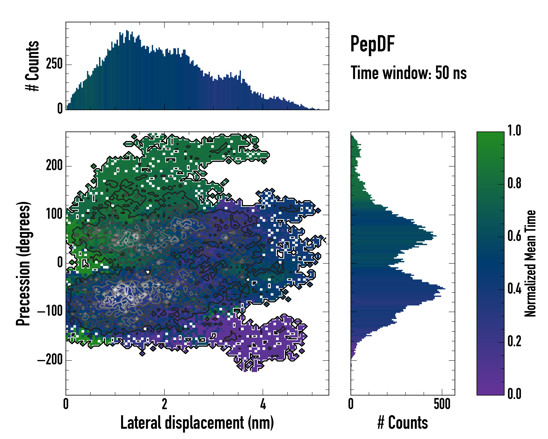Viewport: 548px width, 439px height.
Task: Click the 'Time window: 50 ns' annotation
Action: point(408,73)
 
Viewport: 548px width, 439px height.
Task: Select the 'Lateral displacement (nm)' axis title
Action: point(197,423)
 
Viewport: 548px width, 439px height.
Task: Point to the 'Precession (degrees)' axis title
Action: point(23,263)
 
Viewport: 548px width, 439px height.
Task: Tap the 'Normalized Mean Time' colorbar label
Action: point(530,263)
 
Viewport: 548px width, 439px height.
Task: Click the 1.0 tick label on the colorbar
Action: point(514,131)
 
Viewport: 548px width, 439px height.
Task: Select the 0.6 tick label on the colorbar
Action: point(514,236)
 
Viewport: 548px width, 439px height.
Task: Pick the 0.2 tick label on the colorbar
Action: point(514,341)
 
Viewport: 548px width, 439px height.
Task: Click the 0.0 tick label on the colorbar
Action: point(514,394)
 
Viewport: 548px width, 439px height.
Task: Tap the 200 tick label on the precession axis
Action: point(54,166)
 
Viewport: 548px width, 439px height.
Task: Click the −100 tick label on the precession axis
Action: point(50,312)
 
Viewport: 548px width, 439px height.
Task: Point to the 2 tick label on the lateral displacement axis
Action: point(164,404)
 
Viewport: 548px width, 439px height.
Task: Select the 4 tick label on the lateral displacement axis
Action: point(263,404)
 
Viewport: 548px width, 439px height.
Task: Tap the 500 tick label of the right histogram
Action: point(442,404)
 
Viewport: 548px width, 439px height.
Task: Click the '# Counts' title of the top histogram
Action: point(33,66)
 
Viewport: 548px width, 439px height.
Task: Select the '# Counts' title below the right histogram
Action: point(403,423)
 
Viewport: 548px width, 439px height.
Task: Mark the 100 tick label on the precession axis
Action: point(54,215)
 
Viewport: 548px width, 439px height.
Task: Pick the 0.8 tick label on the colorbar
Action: point(514,183)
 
